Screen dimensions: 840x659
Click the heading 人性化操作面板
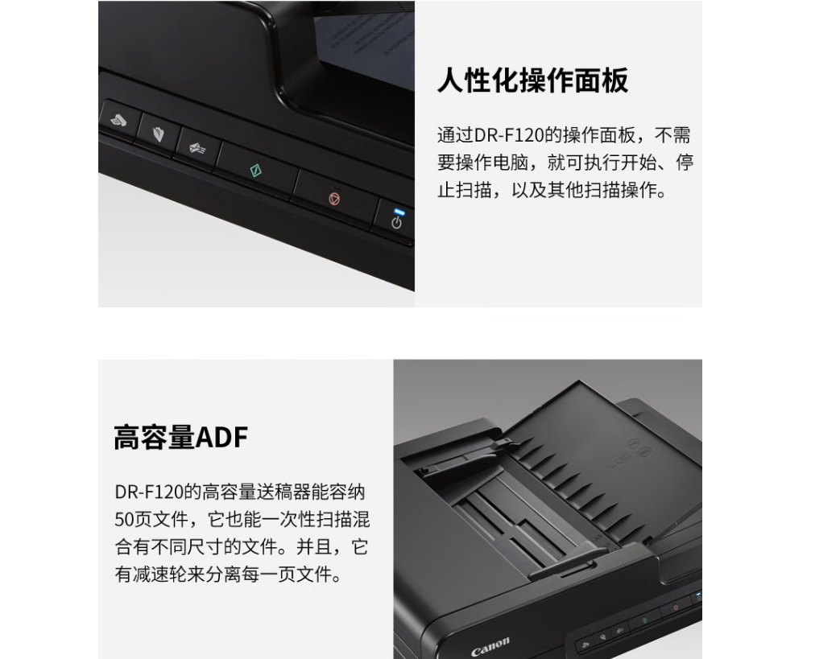(532, 80)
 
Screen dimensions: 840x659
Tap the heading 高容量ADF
(181, 437)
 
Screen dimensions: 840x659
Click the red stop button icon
(334, 199)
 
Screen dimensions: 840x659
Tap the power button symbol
(396, 223)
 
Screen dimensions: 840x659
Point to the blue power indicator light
(399, 212)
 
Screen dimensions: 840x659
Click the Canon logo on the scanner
(490, 647)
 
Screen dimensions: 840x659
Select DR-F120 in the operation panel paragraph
(509, 135)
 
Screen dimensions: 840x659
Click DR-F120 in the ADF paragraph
(149, 492)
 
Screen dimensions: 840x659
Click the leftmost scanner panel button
(119, 121)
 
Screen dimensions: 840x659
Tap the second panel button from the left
(158, 134)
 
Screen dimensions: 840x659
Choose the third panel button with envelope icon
(197, 148)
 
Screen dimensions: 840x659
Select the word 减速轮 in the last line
(159, 575)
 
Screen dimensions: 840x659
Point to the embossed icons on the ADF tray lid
(631, 454)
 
